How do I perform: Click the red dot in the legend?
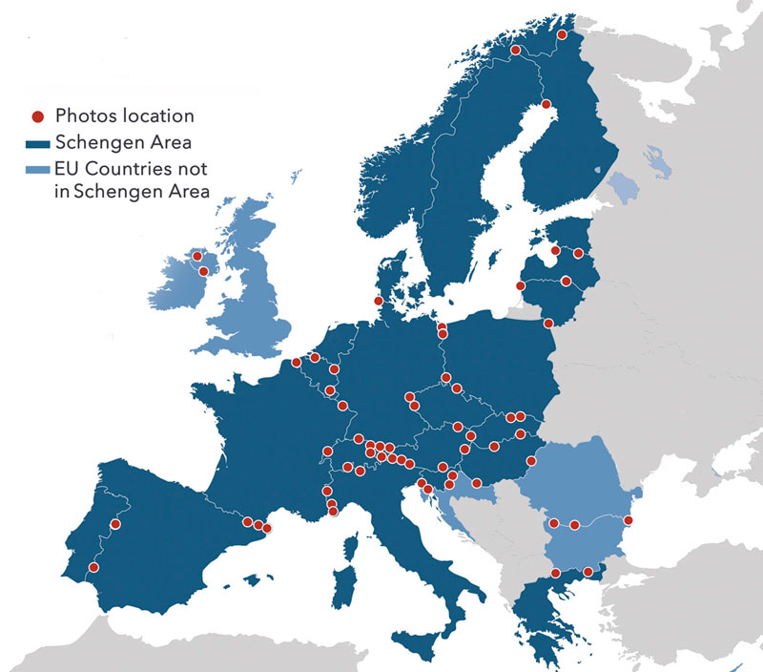(x=38, y=116)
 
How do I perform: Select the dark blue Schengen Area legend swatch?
(x=38, y=144)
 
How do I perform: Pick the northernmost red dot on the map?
(x=563, y=34)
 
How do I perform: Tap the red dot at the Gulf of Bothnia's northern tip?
(x=546, y=104)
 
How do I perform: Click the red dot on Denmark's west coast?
(x=379, y=302)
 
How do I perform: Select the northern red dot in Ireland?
(x=197, y=256)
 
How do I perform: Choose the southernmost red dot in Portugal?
(x=93, y=567)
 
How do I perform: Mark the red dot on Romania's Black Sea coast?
(x=629, y=520)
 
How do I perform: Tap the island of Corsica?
(x=352, y=546)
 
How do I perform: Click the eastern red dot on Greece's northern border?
(x=588, y=572)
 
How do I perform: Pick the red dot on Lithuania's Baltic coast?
(x=520, y=285)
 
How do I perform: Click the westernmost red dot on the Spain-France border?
(x=248, y=522)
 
